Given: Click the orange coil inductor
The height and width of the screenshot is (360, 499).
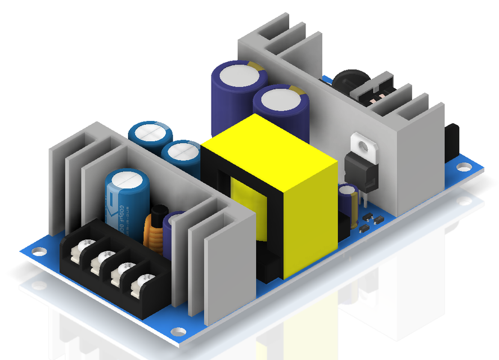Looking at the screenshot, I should point(154,231).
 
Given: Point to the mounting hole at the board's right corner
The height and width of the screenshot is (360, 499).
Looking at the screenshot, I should point(462,167).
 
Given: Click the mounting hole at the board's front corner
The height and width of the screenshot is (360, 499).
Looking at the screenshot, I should point(177,332).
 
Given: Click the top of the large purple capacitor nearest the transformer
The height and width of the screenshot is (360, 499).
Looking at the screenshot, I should point(280,100).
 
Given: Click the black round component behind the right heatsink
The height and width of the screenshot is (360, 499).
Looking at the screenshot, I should point(350,82).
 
